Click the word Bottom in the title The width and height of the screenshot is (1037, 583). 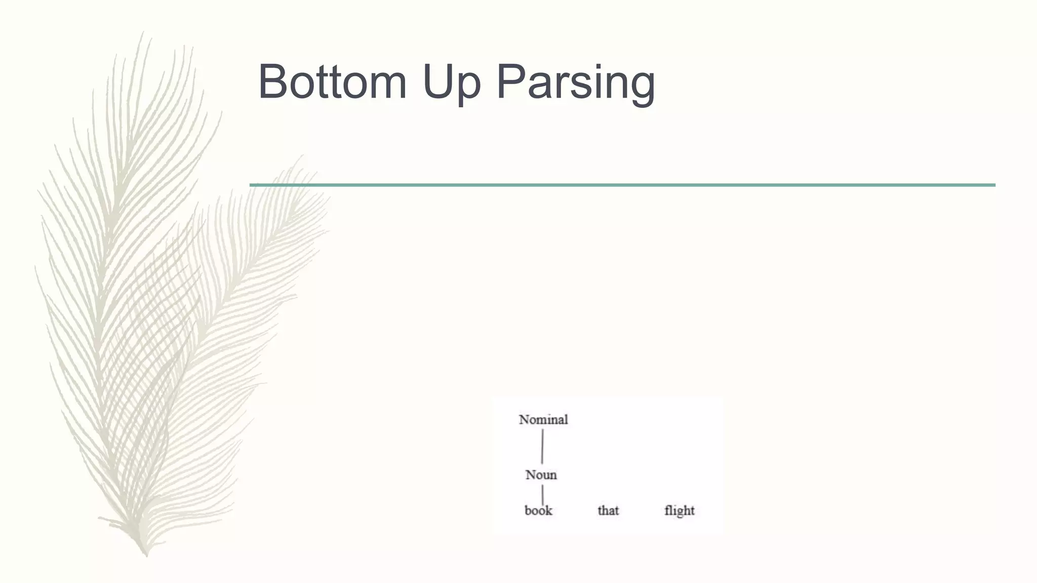coord(332,81)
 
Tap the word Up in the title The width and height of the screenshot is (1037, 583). coord(451,82)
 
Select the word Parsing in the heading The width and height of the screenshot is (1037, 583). coord(575,82)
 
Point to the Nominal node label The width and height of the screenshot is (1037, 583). coord(543,420)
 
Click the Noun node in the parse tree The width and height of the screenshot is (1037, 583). coord(541,475)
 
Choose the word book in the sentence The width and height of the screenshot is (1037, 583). coord(538,510)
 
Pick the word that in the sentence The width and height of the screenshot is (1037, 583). coord(608,510)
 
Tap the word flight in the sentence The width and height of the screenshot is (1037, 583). coord(679,511)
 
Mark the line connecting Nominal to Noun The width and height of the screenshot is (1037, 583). coord(542,446)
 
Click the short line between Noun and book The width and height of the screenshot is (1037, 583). coord(542,494)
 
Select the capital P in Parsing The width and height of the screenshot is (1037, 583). coord(509,81)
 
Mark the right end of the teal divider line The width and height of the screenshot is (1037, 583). coord(993,185)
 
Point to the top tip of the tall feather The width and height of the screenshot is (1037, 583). coord(142,32)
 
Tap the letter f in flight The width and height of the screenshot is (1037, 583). coord(667,510)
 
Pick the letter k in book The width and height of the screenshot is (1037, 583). coord(548,510)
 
